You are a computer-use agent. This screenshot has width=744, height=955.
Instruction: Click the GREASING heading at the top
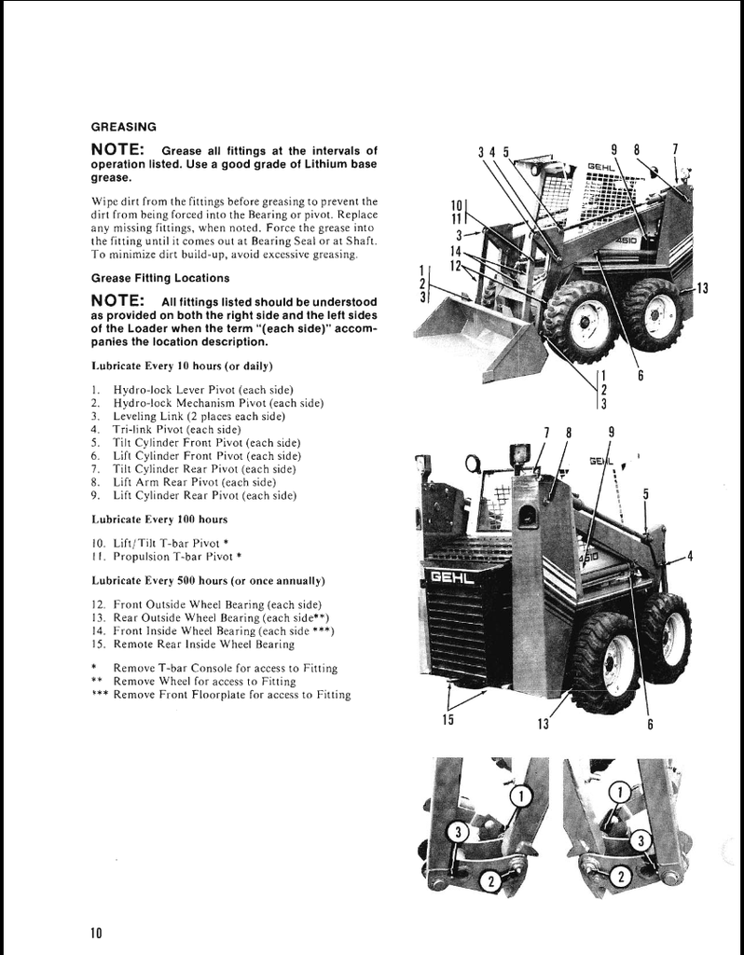pos(123,126)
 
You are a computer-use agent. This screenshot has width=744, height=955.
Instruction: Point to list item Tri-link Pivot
pos(176,429)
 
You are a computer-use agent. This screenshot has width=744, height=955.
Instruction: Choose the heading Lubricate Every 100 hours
pos(159,519)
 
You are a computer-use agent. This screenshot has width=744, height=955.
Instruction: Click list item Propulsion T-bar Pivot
pos(177,557)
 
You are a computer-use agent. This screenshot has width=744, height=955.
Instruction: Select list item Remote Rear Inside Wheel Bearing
pos(203,644)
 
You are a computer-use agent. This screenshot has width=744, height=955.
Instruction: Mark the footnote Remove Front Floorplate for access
pos(231,694)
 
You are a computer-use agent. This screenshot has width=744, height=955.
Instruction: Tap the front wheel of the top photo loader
pos(579,323)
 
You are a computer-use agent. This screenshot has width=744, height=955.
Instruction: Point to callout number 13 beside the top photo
pos(702,288)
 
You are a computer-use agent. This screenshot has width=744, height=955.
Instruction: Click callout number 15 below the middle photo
pos(448,718)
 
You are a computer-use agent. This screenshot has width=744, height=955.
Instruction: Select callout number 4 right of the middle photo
pos(690,557)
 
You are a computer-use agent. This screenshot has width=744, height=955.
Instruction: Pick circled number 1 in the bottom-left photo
pos(520,795)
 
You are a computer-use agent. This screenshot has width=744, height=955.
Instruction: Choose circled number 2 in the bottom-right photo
pos(617,877)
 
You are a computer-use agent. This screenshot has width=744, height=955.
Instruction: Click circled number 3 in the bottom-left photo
pos(459,832)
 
